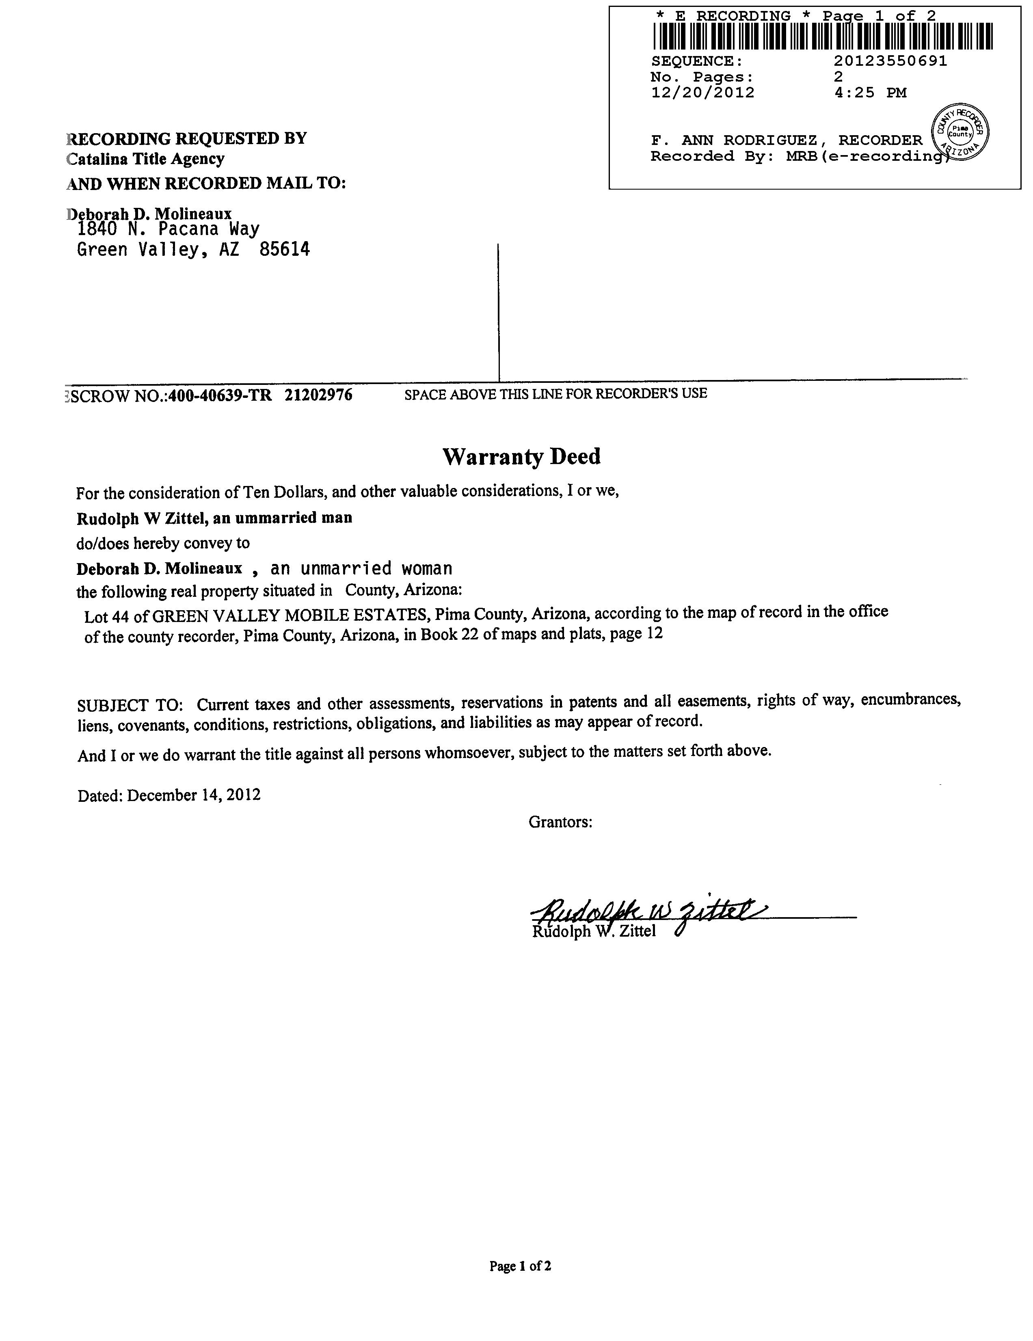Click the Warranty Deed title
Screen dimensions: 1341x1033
coord(521,456)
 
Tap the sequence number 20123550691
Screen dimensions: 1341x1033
coord(890,61)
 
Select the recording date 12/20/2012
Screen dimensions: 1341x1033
coord(702,93)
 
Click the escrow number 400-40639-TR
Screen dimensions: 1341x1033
coord(219,395)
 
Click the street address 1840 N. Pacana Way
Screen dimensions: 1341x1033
coord(168,229)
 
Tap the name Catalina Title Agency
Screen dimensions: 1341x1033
coord(145,159)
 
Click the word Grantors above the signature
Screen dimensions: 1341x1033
coord(560,822)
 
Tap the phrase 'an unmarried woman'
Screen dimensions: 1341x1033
coord(361,568)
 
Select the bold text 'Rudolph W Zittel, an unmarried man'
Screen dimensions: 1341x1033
coord(214,518)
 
